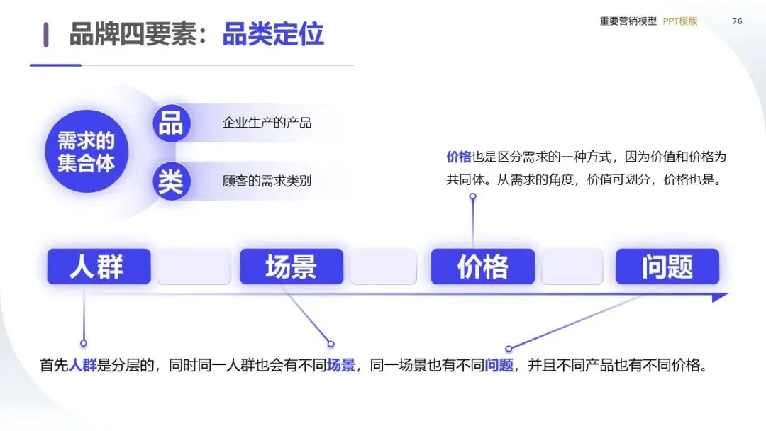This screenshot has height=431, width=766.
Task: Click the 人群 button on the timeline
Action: point(99,267)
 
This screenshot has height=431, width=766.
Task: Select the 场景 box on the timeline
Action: point(291,267)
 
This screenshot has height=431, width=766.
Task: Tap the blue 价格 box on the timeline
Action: point(482,267)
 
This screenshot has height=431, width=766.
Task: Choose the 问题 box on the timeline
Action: point(667,267)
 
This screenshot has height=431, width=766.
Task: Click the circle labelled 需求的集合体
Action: point(86,152)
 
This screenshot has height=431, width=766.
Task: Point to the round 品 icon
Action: point(171,123)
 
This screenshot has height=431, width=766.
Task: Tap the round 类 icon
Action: point(171,181)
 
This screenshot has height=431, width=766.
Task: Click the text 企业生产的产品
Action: point(267,123)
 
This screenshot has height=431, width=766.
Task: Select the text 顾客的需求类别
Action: point(267,181)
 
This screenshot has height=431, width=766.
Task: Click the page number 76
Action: point(737,21)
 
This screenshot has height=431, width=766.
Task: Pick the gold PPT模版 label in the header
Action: point(680,21)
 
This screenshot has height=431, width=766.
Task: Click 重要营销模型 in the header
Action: point(628,21)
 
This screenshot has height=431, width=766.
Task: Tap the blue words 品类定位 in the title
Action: point(273,34)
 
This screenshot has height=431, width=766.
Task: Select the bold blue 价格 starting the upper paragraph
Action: point(459,157)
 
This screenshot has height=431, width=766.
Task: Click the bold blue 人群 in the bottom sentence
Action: point(83,366)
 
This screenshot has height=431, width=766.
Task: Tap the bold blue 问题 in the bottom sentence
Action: point(499,366)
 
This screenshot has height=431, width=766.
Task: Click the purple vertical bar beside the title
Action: point(46,34)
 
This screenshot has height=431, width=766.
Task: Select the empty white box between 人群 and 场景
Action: point(194,267)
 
